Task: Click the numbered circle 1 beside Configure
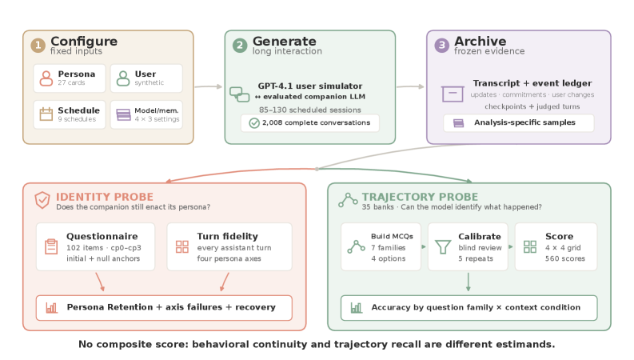[38, 46]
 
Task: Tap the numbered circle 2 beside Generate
[240, 46]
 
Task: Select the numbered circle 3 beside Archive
[441, 46]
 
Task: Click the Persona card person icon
[46, 78]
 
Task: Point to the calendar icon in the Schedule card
[46, 114]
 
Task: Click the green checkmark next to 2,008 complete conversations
[254, 123]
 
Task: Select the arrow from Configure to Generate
[209, 86]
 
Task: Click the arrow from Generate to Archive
[410, 86]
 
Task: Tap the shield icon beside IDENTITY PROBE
[42, 200]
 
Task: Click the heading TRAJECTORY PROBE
[420, 197]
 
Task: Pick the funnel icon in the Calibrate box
[443, 246]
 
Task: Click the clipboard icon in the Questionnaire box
[51, 246]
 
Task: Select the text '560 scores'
[565, 258]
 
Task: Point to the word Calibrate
[480, 237]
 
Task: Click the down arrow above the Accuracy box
[469, 282]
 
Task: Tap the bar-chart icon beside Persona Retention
[52, 308]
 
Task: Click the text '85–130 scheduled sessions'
[310, 110]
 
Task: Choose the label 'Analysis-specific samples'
[524, 122]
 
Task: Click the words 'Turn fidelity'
[227, 236]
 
